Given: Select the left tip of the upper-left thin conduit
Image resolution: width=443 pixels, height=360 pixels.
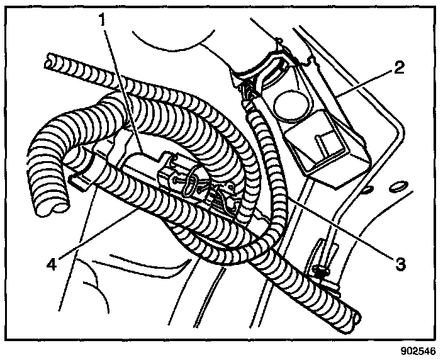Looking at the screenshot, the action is click(x=46, y=62).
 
